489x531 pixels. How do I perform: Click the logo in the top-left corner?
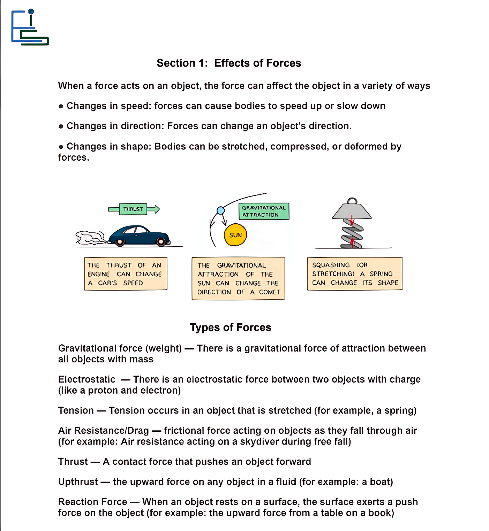pyautogui.click(x=30, y=28)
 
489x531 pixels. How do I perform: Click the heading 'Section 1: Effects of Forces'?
pyautogui.click(x=229, y=63)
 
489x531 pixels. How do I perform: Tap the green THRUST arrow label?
pyautogui.click(x=133, y=209)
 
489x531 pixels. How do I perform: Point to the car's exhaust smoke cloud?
pyautogui.click(x=90, y=238)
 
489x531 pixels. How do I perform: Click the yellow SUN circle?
pyautogui.click(x=235, y=235)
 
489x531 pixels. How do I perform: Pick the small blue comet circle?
pyautogui.click(x=221, y=210)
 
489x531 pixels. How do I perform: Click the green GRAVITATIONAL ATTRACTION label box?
pyautogui.click(x=264, y=211)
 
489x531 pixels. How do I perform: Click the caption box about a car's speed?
pyautogui.click(x=126, y=274)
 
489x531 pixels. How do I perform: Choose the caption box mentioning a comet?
pyautogui.click(x=239, y=278)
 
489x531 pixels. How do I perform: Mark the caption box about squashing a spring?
pyautogui.click(x=355, y=274)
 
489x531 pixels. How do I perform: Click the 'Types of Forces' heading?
pyautogui.click(x=231, y=328)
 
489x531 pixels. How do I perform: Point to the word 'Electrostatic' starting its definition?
pyautogui.click(x=87, y=379)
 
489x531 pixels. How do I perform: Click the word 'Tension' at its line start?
pyautogui.click(x=76, y=410)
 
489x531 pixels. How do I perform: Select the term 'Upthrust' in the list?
pyautogui.click(x=78, y=482)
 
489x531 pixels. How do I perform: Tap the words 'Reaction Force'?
pyautogui.click(x=93, y=502)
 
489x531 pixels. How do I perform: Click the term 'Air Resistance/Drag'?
pyautogui.click(x=104, y=431)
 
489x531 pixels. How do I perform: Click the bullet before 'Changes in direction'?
pyautogui.click(x=61, y=126)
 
